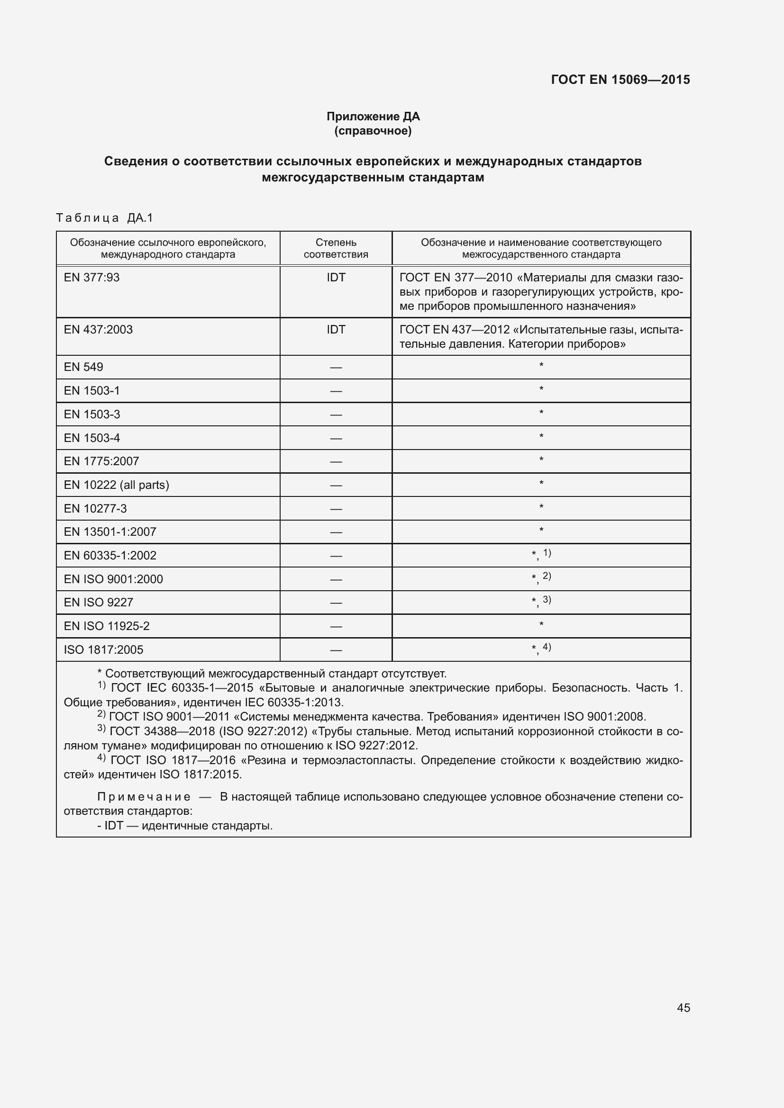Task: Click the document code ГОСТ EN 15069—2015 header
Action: tap(620, 80)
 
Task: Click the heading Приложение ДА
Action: tap(373, 117)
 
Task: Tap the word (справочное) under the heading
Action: tap(373, 131)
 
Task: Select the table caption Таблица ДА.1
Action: tap(104, 217)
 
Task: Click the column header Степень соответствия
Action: tap(336, 248)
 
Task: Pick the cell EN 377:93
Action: tap(92, 278)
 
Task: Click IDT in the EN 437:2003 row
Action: tap(336, 330)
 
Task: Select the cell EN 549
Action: tap(83, 367)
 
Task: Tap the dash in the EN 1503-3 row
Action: tap(336, 414)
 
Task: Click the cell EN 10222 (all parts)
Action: tap(116, 485)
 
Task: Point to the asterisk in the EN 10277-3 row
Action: tap(541, 507)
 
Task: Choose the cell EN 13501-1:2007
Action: tap(110, 532)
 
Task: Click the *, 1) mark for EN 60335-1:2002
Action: tap(541, 554)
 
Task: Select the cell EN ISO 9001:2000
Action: tap(113, 579)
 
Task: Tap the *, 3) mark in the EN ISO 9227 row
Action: tap(541, 601)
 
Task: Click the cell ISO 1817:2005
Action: tap(103, 650)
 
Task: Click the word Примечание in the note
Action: tap(143, 797)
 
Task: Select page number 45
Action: tap(683, 1008)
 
